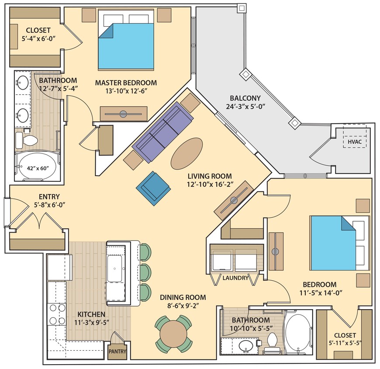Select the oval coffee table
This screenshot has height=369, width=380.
point(187,154)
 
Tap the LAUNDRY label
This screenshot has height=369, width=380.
point(235,278)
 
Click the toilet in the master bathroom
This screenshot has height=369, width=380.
point(28,140)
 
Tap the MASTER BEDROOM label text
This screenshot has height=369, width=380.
point(126,83)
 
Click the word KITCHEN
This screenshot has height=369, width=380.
point(91,314)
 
